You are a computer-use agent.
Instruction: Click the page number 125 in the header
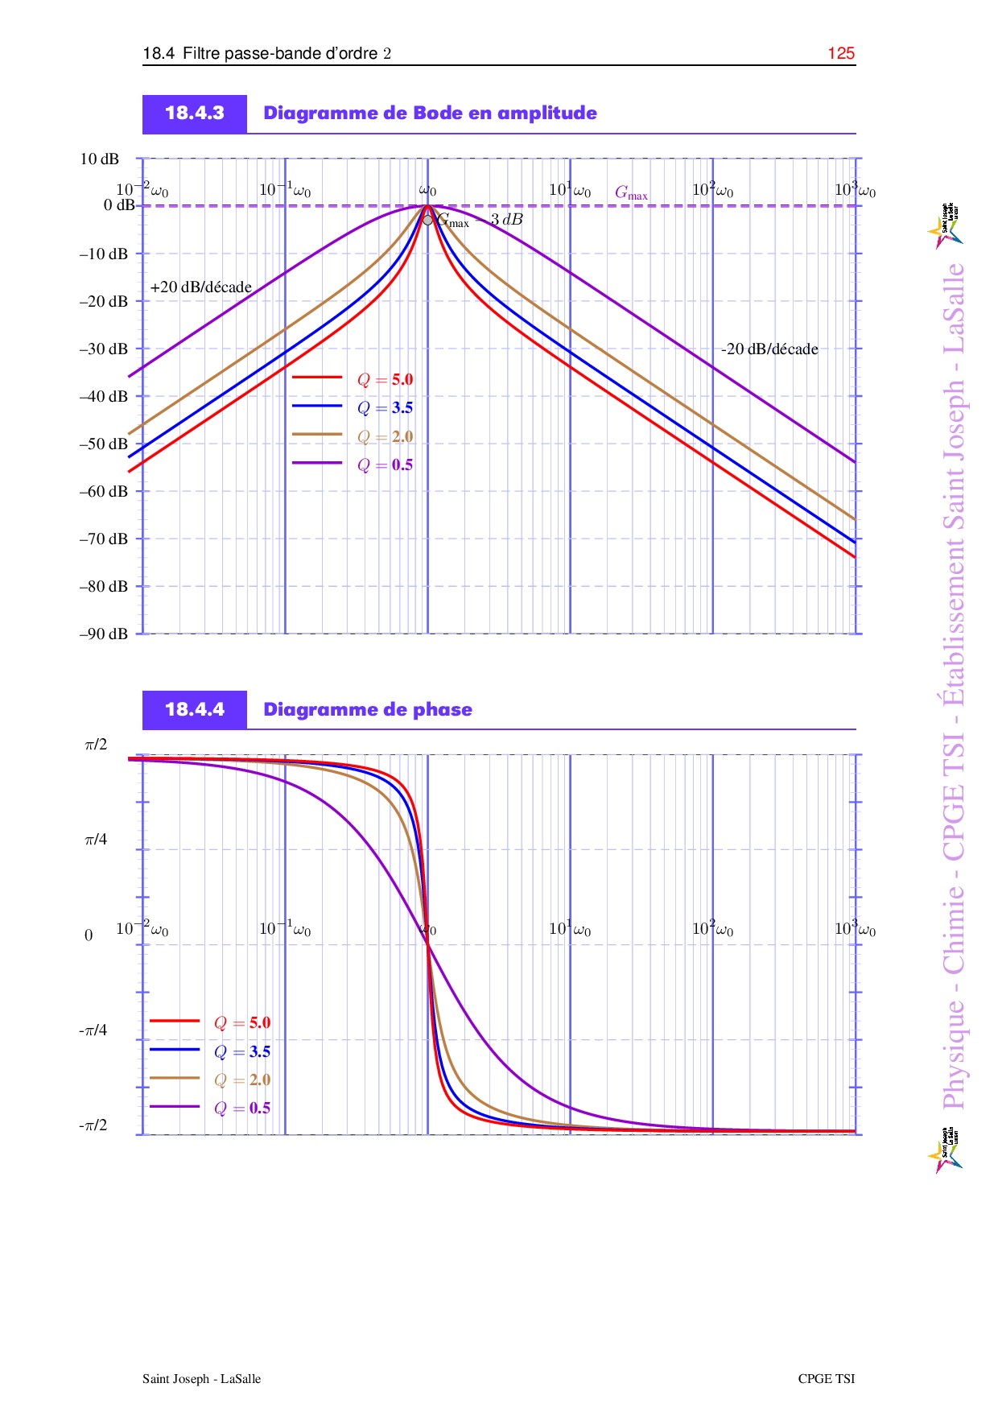(x=841, y=53)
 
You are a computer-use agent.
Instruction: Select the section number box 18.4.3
(x=195, y=114)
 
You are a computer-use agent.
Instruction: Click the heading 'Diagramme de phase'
(x=368, y=710)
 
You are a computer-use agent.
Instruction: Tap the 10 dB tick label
(x=99, y=159)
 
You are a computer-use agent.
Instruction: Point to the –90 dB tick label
(x=104, y=634)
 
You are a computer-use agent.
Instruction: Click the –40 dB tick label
(x=104, y=396)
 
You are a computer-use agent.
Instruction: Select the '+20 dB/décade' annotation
(x=200, y=287)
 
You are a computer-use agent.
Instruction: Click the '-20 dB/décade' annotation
(x=769, y=349)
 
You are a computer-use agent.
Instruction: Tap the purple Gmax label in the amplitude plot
(x=631, y=193)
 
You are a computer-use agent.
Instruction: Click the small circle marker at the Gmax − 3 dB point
(x=427, y=219)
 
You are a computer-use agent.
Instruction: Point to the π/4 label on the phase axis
(x=96, y=840)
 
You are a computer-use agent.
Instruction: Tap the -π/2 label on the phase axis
(x=93, y=1125)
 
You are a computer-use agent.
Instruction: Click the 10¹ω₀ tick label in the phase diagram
(x=570, y=929)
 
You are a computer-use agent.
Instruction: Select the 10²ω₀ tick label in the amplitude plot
(x=712, y=190)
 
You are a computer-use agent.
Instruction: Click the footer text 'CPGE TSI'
(x=827, y=1379)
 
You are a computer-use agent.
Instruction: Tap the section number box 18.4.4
(x=195, y=710)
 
